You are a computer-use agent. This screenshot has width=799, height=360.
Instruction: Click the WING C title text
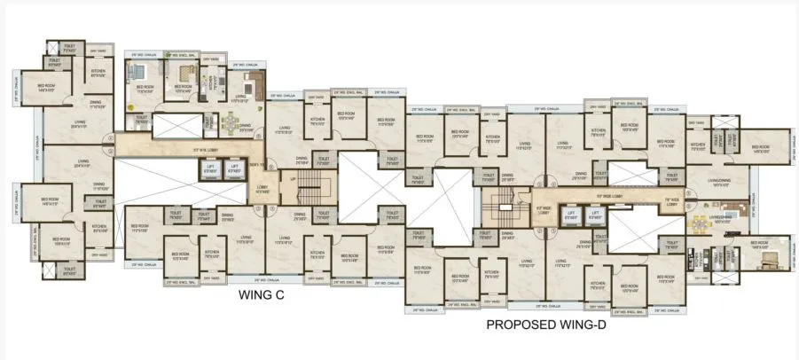(260, 296)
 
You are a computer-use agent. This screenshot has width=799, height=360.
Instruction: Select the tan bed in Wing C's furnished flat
(186, 73)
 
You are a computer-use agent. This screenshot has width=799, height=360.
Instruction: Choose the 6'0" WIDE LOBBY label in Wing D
(545, 211)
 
